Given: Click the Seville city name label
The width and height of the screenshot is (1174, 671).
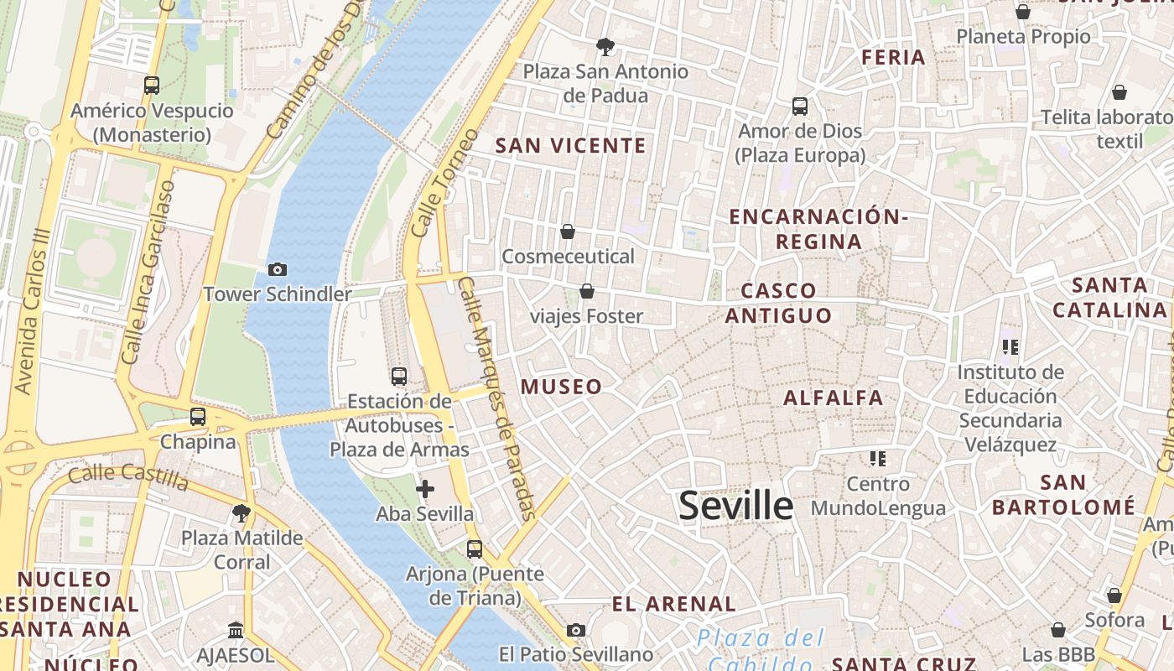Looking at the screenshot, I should (x=735, y=506).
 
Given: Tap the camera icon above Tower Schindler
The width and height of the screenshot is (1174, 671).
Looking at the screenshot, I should (x=277, y=269).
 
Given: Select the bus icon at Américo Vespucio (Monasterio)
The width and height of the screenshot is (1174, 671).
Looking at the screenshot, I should (x=152, y=85).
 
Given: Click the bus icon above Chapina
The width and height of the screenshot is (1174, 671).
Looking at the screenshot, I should (x=198, y=416).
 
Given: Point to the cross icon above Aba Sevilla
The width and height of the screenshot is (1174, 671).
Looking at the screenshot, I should (x=425, y=488).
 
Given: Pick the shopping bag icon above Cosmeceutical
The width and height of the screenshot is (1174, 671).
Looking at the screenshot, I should (x=568, y=231).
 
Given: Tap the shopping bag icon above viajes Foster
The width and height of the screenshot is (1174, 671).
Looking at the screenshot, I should (x=587, y=291).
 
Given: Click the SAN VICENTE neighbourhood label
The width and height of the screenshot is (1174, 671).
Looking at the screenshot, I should (x=571, y=146).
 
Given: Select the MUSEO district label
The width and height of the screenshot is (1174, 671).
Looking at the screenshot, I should (x=562, y=387).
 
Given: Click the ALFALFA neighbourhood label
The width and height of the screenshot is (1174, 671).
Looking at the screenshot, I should (x=834, y=398).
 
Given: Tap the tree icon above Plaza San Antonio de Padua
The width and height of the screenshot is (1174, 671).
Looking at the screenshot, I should (x=605, y=46).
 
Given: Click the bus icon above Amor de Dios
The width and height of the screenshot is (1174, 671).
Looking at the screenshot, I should (x=800, y=107).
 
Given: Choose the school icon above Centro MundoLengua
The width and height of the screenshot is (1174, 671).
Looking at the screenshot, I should (x=878, y=459).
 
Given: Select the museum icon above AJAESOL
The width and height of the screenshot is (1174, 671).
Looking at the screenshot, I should (x=236, y=629).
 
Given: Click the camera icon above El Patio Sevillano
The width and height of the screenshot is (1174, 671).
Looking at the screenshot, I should (x=575, y=630).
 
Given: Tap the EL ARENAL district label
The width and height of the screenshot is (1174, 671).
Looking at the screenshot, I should (x=674, y=604).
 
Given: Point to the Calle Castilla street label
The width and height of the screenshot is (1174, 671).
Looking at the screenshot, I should (x=128, y=476).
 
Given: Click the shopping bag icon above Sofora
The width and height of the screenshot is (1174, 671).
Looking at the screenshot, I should (x=1114, y=596).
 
